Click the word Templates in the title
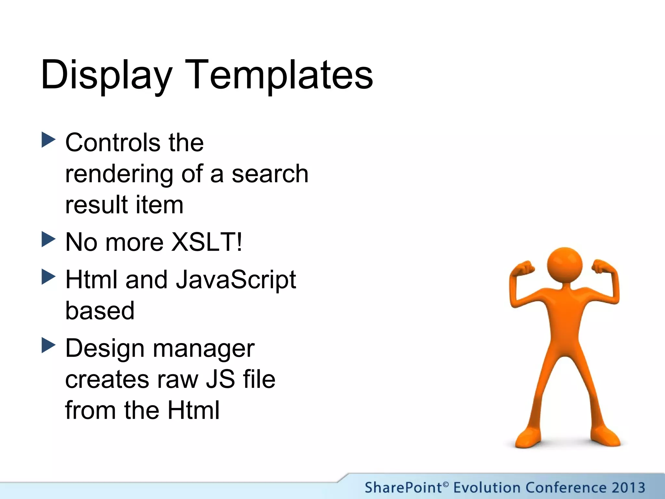279,75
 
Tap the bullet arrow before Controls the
49,140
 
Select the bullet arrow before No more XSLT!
49,239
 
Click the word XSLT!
207,242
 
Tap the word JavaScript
236,280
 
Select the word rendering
119,174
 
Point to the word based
100,311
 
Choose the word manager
204,349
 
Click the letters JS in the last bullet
220,379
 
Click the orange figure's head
564,265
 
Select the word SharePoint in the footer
403,488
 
